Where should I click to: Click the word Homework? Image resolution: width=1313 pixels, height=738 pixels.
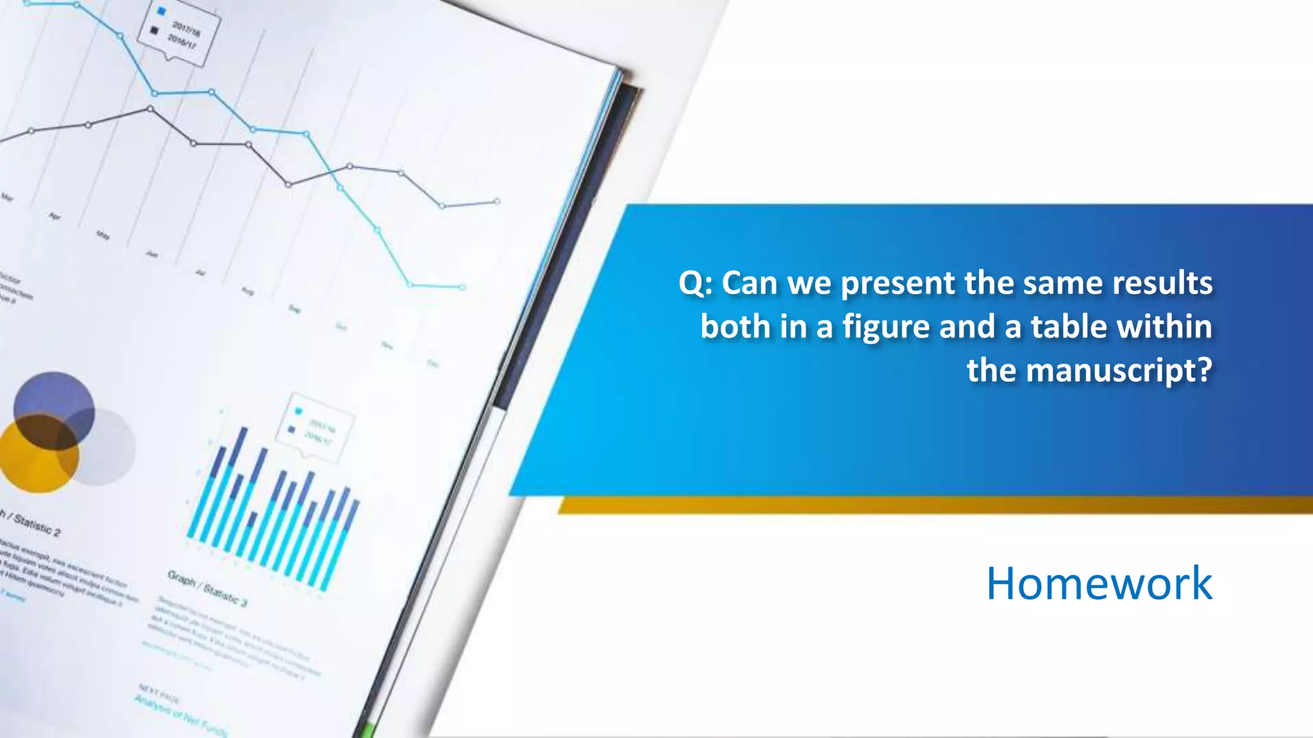coord(1099,584)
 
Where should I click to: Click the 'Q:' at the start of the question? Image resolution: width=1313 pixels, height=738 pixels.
coord(695,283)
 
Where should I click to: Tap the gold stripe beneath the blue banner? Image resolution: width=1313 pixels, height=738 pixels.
coord(930,505)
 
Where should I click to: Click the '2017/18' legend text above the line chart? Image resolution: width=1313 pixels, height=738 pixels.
coord(186,28)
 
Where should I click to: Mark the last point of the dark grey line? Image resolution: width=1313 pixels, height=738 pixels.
coord(497,202)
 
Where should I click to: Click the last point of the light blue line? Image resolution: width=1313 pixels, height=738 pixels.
coord(462,287)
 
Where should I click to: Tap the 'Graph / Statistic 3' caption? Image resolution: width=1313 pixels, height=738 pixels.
coord(206,587)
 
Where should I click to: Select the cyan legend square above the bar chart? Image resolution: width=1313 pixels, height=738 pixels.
coord(298,411)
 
